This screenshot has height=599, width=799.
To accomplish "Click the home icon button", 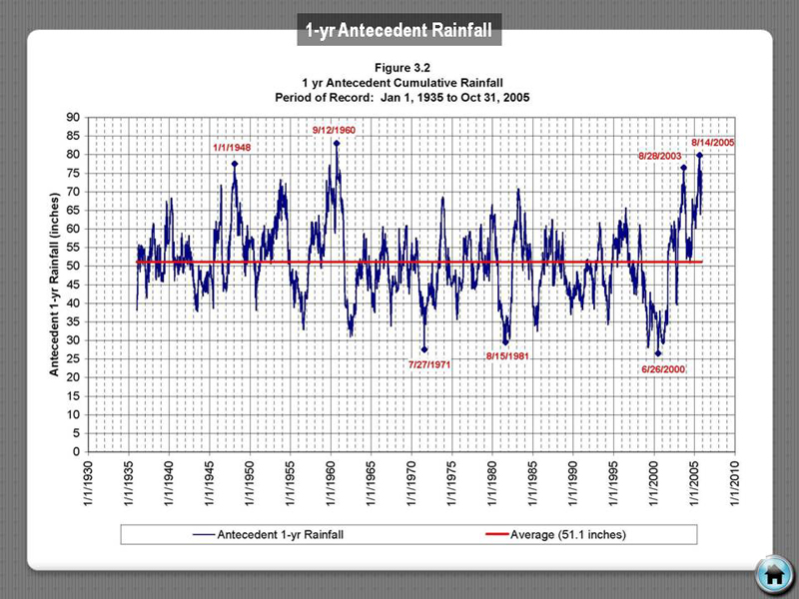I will pyautogui.click(x=771, y=573).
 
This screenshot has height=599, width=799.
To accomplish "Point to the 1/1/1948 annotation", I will pyautogui.click(x=232, y=148).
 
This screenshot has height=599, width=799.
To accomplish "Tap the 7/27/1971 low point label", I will pyautogui.click(x=430, y=364).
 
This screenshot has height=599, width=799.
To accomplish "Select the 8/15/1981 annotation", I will pyautogui.click(x=506, y=355).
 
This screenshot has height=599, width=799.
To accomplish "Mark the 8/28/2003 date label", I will pyautogui.click(x=661, y=157).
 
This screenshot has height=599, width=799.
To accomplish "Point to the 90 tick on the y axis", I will pyautogui.click(x=74, y=118).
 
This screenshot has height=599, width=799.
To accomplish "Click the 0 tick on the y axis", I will pyautogui.click(x=78, y=452).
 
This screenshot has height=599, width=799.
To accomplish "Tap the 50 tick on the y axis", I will pyautogui.click(x=74, y=267).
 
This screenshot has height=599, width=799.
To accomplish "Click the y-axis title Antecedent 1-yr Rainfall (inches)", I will pyautogui.click(x=57, y=285).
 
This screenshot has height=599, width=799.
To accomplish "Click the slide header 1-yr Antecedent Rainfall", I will pyautogui.click(x=399, y=31).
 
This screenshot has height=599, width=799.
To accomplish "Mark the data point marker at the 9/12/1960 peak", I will pyautogui.click(x=337, y=143).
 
